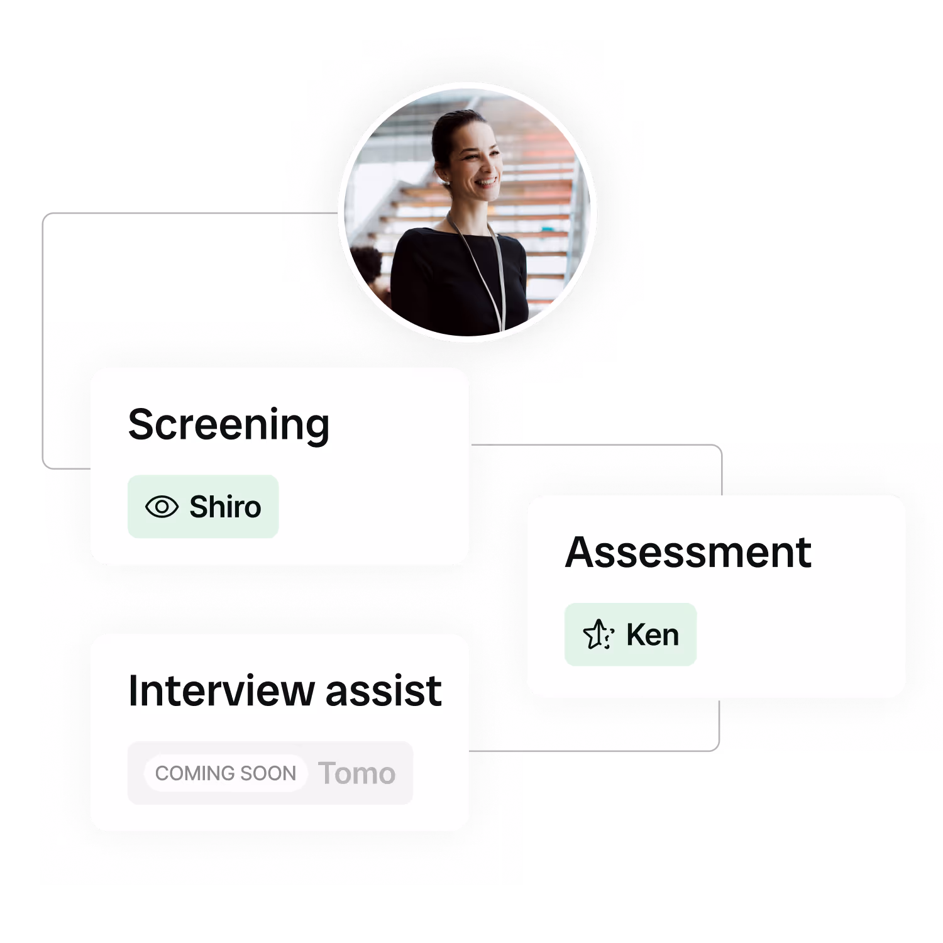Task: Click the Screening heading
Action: click(228, 425)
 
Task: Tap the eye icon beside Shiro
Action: click(162, 507)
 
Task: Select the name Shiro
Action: click(225, 507)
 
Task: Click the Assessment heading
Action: click(688, 553)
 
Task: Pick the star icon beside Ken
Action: click(598, 634)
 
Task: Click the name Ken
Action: click(653, 635)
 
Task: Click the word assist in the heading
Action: click(383, 691)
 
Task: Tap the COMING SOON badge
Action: click(225, 773)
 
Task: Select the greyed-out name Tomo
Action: click(356, 773)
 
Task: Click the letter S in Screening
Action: click(141, 425)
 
